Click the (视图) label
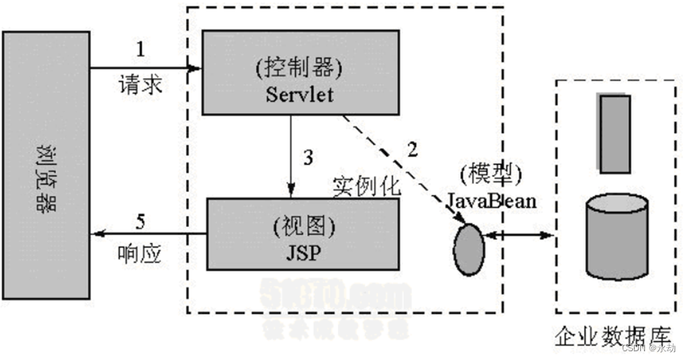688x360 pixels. [302, 225]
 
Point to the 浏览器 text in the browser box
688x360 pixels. [45, 174]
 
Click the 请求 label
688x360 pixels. [142, 84]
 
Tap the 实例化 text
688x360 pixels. [365, 187]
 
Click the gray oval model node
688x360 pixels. [468, 248]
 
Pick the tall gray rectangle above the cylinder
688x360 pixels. [614, 134]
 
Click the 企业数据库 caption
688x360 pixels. [614, 335]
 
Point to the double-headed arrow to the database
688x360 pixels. [519, 234]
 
